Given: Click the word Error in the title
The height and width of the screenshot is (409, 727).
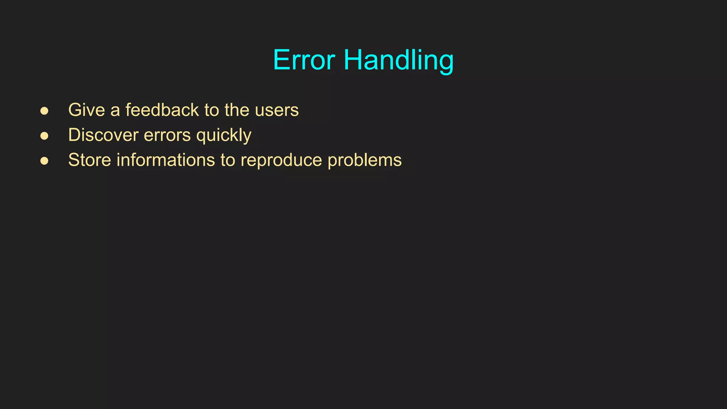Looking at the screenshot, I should click(x=304, y=60).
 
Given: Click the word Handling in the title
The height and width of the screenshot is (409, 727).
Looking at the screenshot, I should click(x=398, y=60).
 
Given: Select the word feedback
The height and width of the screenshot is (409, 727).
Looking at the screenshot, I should click(x=162, y=110).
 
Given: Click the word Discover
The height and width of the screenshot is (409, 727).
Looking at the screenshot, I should click(x=103, y=135).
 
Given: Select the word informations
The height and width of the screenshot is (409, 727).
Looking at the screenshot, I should click(x=166, y=160).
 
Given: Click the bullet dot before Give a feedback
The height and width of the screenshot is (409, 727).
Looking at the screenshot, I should click(x=44, y=111).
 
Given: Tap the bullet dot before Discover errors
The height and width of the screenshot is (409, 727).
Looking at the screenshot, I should click(x=44, y=136).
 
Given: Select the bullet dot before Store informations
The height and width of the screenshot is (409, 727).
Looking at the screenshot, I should click(x=44, y=161).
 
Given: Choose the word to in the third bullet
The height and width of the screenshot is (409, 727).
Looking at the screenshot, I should click(x=228, y=160).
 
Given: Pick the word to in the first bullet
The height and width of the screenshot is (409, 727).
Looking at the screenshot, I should click(x=212, y=110).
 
